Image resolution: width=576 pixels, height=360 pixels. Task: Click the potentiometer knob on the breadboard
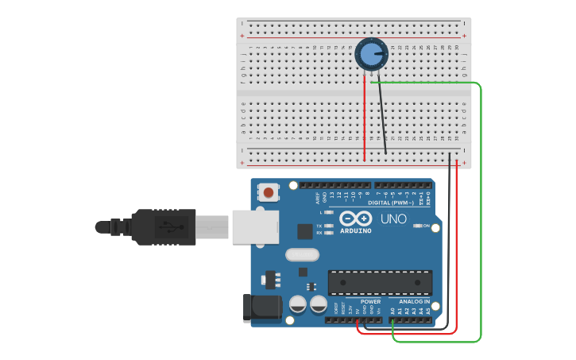pyautogui.click(x=370, y=54)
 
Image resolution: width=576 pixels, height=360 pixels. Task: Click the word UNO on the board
pyautogui.click(x=393, y=219)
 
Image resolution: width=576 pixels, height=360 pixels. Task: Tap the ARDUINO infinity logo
pyautogui.click(x=355, y=219)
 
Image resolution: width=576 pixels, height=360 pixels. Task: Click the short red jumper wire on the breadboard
pyautogui.click(x=365, y=119)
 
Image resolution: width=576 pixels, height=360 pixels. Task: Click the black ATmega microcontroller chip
pyautogui.click(x=381, y=282)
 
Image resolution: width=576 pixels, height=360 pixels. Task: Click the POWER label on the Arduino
pyautogui.click(x=370, y=302)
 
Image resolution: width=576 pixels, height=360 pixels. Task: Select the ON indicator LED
pyautogui.click(x=417, y=226)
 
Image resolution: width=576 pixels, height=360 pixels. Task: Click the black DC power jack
pyautogui.click(x=261, y=308)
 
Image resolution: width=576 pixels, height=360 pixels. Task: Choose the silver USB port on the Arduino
pyautogui.click(x=254, y=226)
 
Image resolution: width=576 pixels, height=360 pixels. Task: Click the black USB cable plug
pyautogui.click(x=163, y=226)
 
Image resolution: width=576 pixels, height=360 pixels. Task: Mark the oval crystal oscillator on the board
pyautogui.click(x=301, y=255)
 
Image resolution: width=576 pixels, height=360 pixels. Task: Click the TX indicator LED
pyautogui.click(x=328, y=226)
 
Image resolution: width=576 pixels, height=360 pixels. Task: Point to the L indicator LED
pyautogui.click(x=328, y=212)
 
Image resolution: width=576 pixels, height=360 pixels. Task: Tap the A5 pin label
pyautogui.click(x=428, y=312)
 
